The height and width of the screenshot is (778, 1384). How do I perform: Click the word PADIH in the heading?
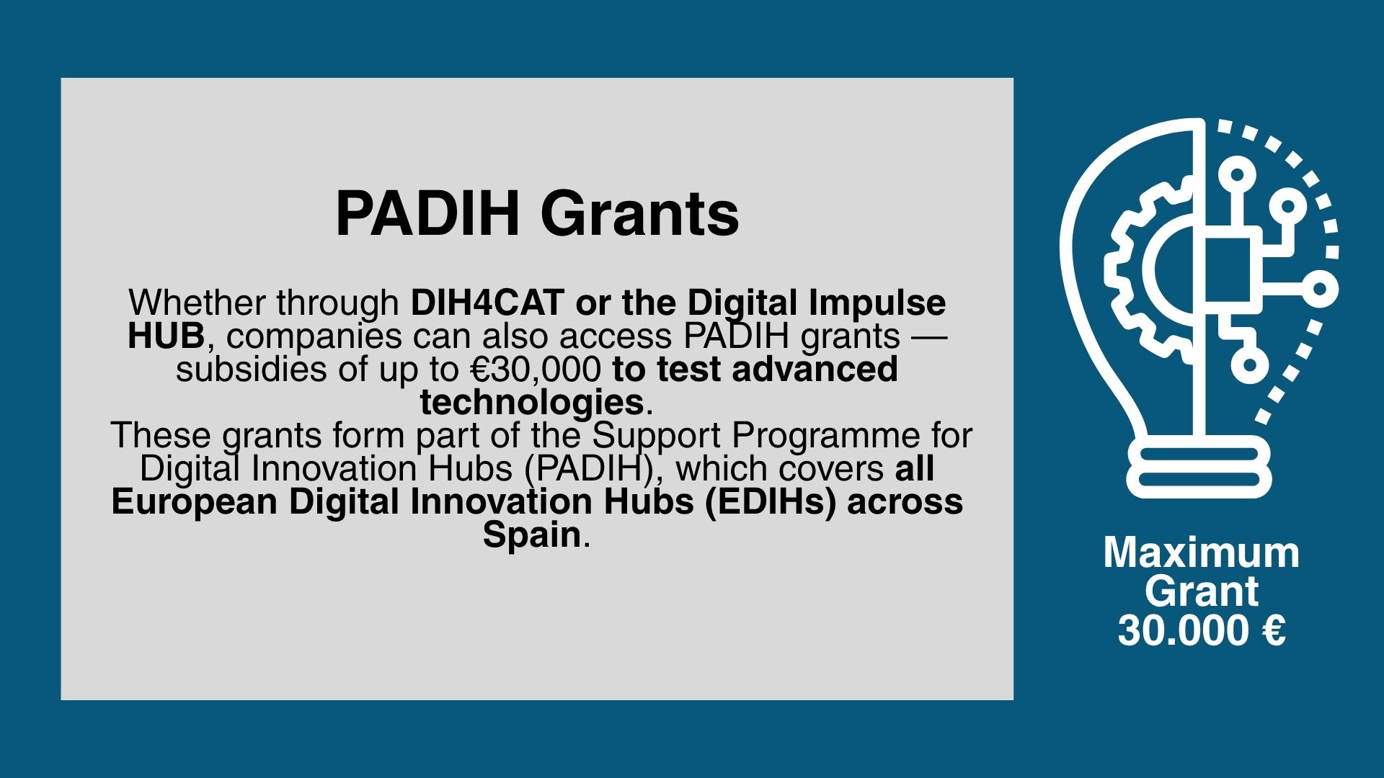tap(427, 213)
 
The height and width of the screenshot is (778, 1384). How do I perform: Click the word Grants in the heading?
tap(639, 213)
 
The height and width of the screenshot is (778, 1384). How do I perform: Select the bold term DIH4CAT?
tap(487, 303)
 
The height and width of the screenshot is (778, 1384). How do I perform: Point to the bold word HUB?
tap(166, 336)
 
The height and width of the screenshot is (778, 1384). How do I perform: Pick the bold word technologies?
tap(532, 403)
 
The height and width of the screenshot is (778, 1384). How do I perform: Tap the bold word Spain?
tap(532, 535)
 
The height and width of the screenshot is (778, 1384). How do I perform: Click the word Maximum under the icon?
tap(1202, 553)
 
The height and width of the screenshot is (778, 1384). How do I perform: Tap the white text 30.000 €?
tap(1202, 631)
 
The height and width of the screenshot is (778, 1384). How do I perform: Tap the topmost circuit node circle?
tap(1237, 175)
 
